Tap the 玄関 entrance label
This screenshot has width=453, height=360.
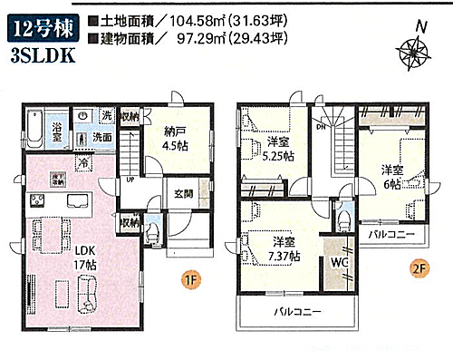(184, 193)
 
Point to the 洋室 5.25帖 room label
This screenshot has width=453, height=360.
(279, 148)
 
